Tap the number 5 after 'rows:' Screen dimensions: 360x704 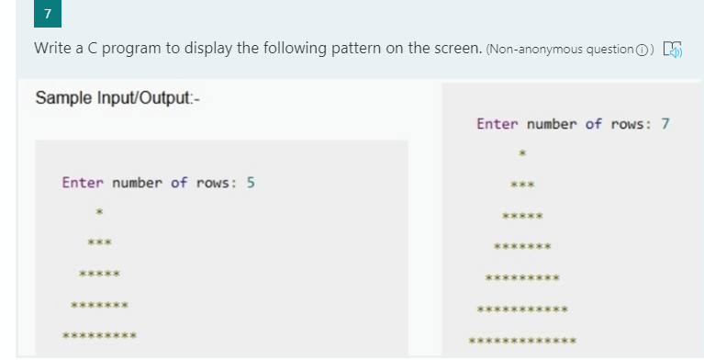tap(251, 182)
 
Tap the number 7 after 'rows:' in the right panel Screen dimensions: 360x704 tap(665, 123)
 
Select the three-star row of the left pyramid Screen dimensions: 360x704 tap(99, 243)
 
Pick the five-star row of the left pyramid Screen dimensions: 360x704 tap(99, 274)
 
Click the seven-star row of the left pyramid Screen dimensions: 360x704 tap(99, 304)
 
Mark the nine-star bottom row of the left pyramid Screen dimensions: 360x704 tap(99, 335)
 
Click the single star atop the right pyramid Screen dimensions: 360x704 tap(522, 153)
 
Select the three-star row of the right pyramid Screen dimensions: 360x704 tap(522, 185)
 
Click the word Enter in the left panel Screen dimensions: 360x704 tap(83, 182)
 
